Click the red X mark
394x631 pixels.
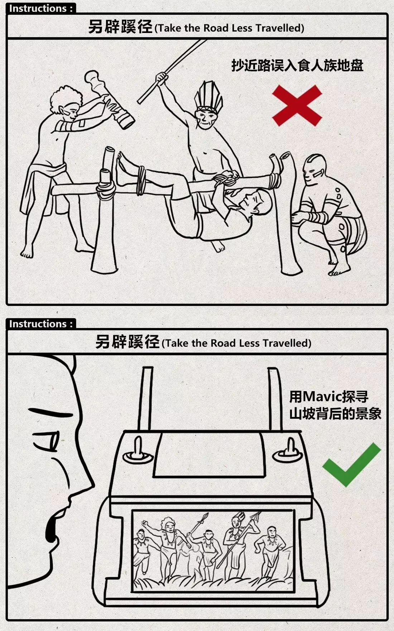coord(297,105)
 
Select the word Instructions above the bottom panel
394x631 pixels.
coord(38,324)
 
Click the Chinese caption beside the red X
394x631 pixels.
coord(297,65)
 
